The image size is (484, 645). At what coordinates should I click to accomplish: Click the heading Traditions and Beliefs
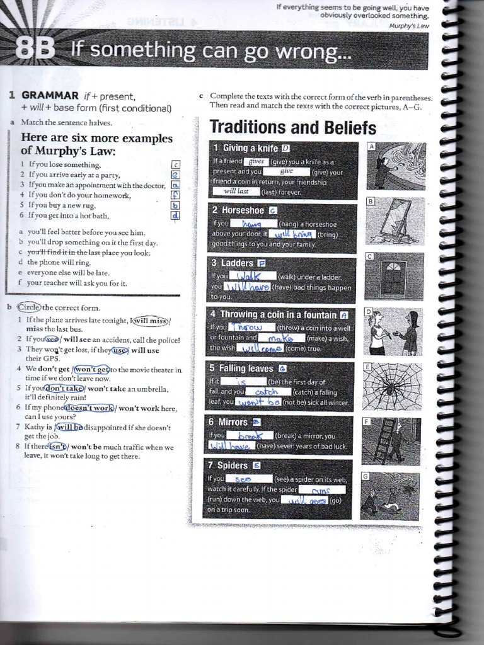(292, 128)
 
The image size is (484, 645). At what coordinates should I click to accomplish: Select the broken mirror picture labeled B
(395, 221)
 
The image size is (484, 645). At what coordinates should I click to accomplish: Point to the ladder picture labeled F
(391, 441)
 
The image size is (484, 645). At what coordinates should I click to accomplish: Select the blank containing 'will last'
(236, 191)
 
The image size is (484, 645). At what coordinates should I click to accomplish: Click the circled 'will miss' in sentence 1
(149, 321)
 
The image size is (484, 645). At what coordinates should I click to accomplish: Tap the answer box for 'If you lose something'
(176, 165)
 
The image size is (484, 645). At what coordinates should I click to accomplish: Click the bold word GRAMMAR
(50, 96)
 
